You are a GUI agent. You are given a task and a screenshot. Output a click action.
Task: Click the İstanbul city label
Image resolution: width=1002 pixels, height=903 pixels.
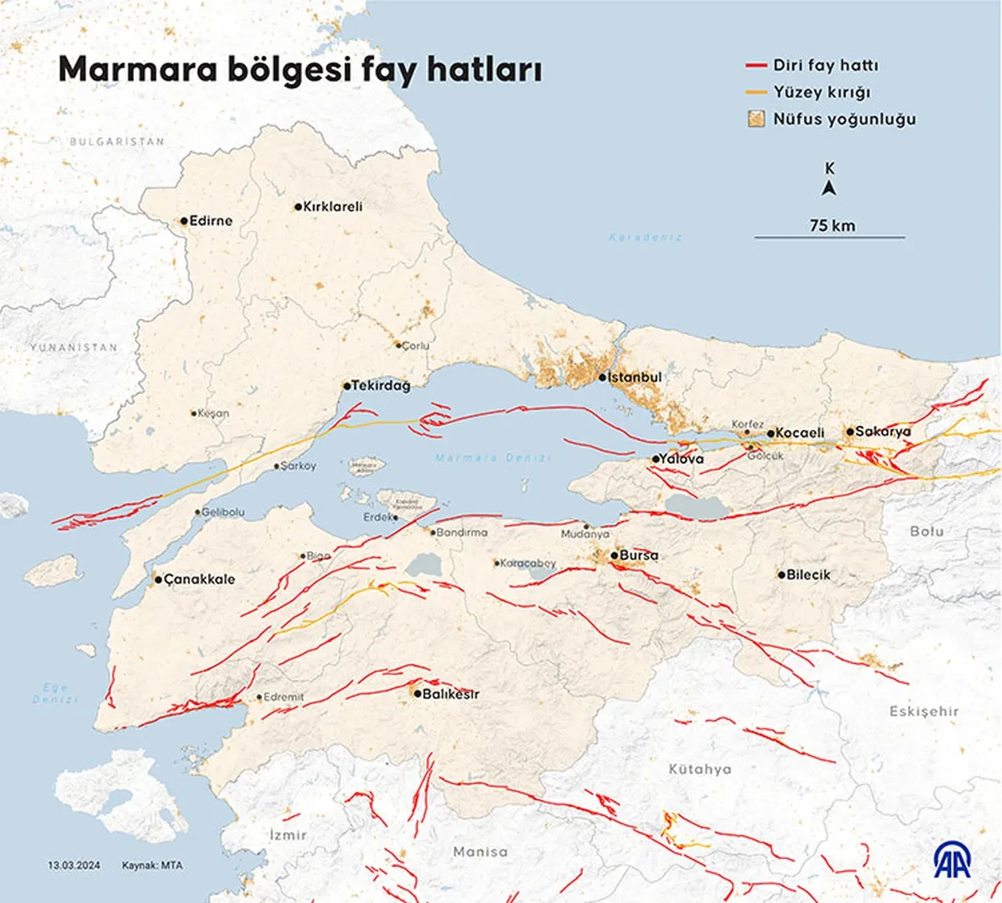tap(634, 377)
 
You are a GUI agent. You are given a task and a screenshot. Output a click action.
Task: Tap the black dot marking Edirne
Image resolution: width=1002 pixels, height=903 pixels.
tap(184, 221)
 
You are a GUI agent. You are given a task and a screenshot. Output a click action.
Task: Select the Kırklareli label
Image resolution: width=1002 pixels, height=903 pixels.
tap(333, 207)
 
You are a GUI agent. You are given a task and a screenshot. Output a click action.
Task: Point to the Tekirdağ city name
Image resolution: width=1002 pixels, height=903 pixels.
tap(380, 385)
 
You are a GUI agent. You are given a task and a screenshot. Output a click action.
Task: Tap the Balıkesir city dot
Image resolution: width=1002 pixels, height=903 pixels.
tap(417, 694)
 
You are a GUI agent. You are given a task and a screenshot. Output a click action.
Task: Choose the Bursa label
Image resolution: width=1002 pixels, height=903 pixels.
tap(639, 555)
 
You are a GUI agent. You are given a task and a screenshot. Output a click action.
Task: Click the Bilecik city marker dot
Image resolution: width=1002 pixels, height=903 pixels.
tap(780, 575)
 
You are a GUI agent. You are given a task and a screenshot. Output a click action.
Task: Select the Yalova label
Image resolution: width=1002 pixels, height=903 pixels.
tap(681, 459)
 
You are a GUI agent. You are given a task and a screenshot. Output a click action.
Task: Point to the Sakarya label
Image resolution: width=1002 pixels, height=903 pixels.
tap(883, 432)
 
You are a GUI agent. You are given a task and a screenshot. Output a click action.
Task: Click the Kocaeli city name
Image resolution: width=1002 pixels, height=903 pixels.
tap(800, 433)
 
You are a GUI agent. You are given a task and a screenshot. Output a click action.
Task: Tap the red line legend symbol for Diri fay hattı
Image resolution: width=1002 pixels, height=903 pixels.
tap(755, 66)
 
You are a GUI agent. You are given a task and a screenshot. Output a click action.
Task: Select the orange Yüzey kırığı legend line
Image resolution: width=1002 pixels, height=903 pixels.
tap(755, 92)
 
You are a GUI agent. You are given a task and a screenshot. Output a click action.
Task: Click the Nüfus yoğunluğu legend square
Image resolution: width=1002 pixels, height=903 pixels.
tap(755, 119)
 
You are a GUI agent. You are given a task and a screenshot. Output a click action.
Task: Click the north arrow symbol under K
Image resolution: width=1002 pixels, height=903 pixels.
tap(830, 188)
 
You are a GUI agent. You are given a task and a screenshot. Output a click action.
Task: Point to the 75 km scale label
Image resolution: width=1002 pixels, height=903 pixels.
tap(832, 226)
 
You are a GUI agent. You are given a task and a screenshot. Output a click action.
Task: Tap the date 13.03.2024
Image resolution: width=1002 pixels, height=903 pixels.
tap(74, 865)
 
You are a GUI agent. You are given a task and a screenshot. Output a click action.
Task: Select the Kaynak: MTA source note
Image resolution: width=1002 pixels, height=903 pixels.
tap(152, 865)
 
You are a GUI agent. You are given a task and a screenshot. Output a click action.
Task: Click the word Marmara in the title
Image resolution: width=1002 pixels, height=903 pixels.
tap(137, 69)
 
